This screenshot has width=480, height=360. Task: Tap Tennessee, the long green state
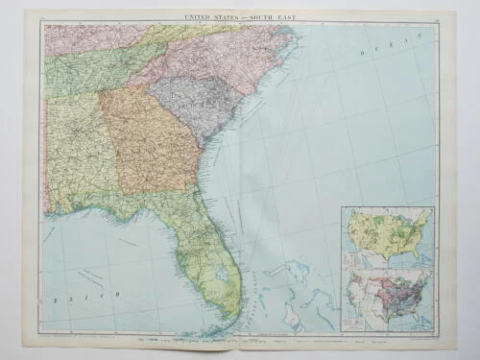click(96, 73)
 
